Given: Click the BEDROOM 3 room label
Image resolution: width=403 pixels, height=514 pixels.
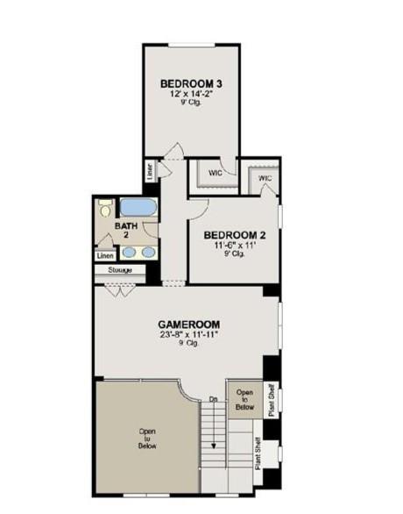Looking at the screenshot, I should (191, 83).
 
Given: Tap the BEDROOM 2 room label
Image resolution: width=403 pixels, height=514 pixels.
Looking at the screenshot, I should (234, 235).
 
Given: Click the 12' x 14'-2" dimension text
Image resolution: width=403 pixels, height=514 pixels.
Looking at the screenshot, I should (191, 93).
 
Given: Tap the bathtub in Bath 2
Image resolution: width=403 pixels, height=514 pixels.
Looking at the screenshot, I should (138, 208).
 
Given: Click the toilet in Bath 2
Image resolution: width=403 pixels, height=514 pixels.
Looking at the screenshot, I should (106, 209).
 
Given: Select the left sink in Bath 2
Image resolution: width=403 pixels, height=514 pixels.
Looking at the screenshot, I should (130, 253).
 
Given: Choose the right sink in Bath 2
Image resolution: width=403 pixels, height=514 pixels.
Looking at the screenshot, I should (148, 253).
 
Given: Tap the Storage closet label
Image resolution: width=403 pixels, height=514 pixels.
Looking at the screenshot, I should (120, 270).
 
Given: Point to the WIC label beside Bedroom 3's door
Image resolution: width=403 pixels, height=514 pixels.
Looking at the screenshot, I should (216, 173).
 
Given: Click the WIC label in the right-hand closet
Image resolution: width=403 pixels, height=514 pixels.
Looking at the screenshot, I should (265, 179).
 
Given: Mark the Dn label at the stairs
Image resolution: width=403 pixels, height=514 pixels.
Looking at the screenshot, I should (213, 400).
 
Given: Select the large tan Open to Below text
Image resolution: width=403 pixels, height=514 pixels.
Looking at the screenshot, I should (146, 439).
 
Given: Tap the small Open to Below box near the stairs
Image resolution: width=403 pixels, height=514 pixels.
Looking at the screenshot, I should (245, 399).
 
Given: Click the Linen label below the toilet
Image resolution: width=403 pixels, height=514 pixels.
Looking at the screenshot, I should (106, 256).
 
